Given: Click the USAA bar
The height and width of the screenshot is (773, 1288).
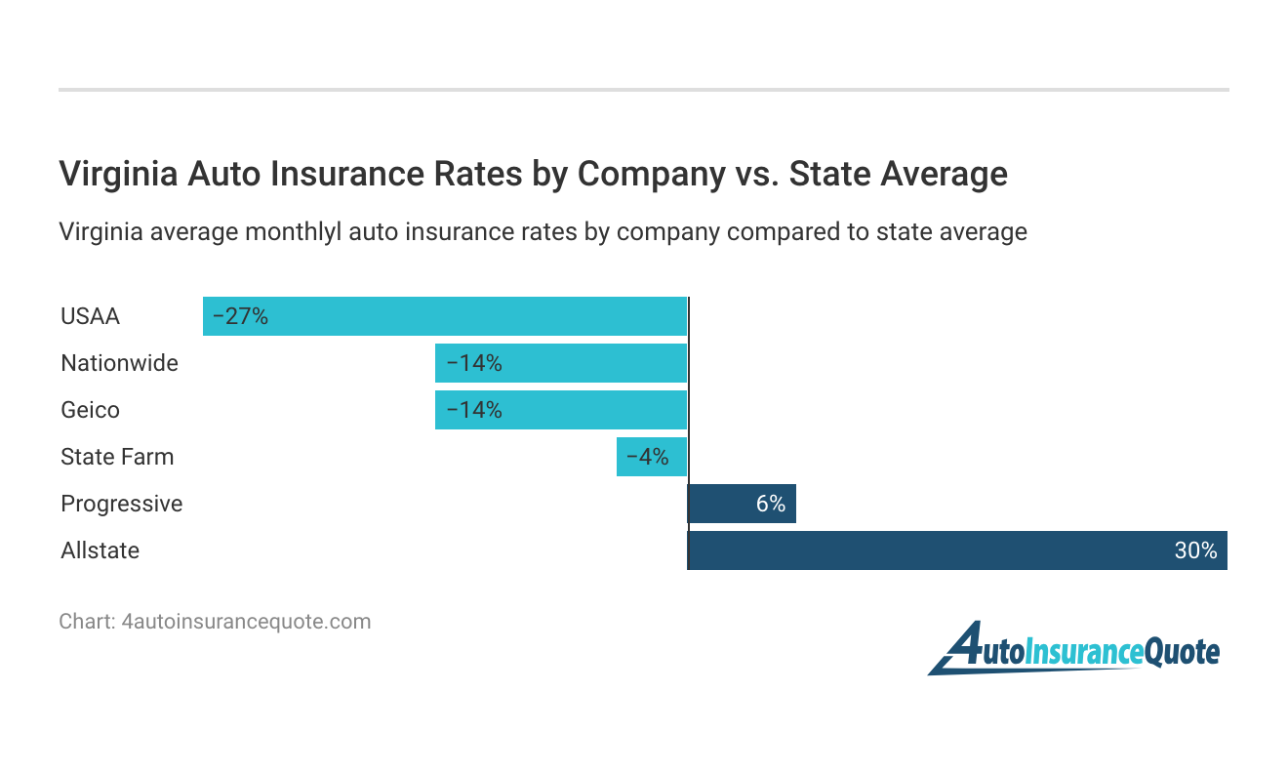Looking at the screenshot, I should pos(445,316).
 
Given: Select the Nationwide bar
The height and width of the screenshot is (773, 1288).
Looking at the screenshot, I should pos(561,363).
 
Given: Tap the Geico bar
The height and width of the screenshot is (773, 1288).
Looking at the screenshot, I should pos(561,410).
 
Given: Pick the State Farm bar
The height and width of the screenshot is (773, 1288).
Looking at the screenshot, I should pos(652,457).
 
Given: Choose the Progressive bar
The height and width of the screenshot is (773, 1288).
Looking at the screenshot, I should pos(742,504).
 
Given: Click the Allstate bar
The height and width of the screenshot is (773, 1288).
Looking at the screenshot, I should pos(957,550).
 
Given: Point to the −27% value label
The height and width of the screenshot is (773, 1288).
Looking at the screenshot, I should pos(240,316).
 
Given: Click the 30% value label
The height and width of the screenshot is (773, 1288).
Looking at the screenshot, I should pos(1195,550).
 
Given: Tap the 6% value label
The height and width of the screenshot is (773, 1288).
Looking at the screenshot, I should pos(770,504).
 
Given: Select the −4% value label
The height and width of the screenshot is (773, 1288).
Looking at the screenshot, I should pos(647,457).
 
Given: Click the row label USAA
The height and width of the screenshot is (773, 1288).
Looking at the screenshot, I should pos(90,316).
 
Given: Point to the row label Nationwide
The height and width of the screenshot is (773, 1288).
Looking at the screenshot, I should pos(119,363).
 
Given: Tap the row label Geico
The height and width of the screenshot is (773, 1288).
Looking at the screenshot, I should pos(90,410).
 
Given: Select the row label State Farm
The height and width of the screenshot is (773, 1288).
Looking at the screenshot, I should pos(117,457).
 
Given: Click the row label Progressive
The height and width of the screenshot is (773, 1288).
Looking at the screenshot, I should pos(121,504).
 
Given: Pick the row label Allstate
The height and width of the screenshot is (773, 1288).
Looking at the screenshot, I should pos(100,550).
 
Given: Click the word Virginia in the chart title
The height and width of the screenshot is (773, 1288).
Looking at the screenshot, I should pos(118,174).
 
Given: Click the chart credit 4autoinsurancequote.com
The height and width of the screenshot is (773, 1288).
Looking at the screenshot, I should pos(246,622).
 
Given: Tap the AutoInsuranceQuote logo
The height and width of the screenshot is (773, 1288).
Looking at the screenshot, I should pos(1073,649).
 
